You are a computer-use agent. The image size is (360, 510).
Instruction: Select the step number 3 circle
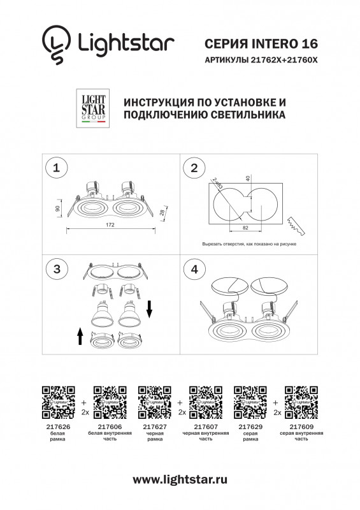pyautogui.click(x=57, y=269)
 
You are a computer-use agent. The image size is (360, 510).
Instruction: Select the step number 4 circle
pyautogui.click(x=192, y=269)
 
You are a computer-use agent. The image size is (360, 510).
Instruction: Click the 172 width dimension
pyautogui.click(x=110, y=224)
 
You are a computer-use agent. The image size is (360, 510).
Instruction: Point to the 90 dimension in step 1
pyautogui.click(x=58, y=208)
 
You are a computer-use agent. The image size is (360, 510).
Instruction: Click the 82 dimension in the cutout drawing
pyautogui.click(x=245, y=226)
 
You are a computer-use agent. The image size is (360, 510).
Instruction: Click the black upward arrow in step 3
pyautogui.click(x=80, y=334)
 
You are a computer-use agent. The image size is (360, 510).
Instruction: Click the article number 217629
pyautogui.click(x=247, y=428)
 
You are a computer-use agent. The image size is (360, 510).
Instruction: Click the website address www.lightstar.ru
pyautogui.click(x=180, y=478)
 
